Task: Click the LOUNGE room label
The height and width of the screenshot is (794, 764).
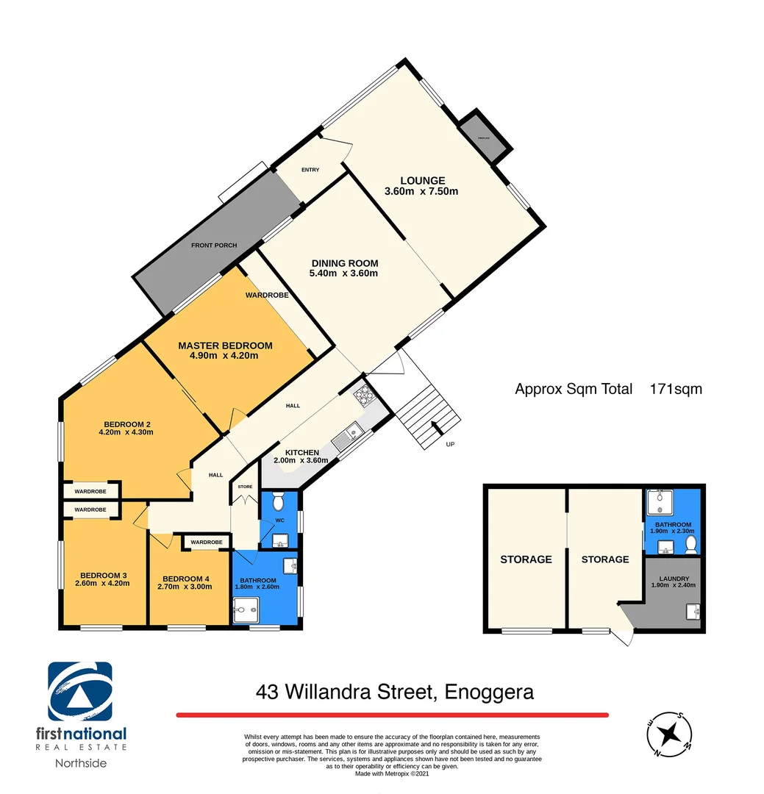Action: tap(422, 181)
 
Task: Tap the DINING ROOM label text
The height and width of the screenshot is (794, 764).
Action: tap(344, 263)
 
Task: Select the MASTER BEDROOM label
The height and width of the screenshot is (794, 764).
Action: tap(225, 346)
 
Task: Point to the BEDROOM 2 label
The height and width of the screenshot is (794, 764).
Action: tap(127, 424)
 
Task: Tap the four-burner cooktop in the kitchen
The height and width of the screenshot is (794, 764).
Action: tap(363, 396)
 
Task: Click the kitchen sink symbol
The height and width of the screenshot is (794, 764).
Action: tap(343, 439)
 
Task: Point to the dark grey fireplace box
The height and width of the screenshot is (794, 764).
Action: tap(482, 138)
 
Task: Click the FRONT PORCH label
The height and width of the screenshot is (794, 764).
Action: tap(214, 245)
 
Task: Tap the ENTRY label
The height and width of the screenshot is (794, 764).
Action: tap(310, 170)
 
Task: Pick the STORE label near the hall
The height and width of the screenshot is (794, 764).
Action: tap(245, 487)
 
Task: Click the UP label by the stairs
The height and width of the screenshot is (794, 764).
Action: tap(451, 445)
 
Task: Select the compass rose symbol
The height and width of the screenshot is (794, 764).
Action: tap(669, 734)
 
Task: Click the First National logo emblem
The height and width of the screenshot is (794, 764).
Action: tap(80, 692)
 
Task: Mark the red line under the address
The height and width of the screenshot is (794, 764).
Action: tap(392, 715)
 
